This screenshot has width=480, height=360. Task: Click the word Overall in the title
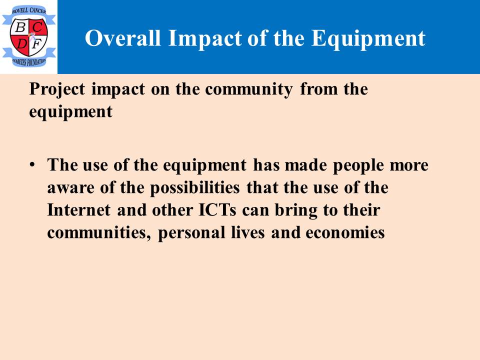123,38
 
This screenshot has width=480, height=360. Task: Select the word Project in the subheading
57,90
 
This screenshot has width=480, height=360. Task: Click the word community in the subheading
249,90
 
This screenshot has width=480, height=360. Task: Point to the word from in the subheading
318,89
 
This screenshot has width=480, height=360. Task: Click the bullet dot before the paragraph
32,164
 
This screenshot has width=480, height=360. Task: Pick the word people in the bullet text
358,166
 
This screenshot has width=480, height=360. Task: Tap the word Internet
78,210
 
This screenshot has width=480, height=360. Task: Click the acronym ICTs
217,210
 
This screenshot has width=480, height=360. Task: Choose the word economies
345,232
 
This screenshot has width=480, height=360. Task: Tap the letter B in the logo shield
20,27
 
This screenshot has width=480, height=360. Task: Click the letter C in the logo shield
37,27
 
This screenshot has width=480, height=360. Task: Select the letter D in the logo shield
21,44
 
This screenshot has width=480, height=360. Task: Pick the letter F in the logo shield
37,44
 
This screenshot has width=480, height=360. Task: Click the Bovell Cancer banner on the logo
29,11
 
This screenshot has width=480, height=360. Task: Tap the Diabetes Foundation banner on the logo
29,62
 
